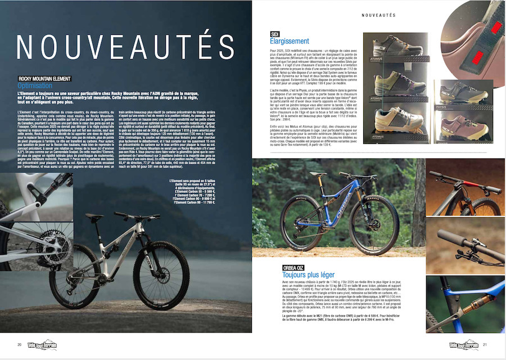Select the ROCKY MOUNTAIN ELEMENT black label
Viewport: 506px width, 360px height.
point(46,79)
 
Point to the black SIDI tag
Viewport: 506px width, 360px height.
point(275,34)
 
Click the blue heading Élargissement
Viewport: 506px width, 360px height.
point(290,42)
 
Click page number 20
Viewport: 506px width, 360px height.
point(19,344)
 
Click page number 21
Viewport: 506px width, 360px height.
point(485,344)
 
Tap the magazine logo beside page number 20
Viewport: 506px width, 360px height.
point(42,344)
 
